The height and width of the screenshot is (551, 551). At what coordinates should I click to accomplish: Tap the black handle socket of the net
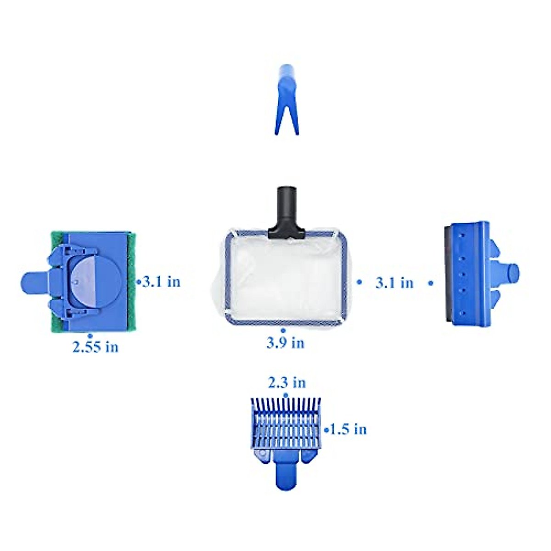287,213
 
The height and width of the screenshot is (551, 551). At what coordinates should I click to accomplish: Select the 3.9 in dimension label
285,343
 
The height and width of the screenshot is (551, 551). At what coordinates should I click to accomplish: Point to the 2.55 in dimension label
95,347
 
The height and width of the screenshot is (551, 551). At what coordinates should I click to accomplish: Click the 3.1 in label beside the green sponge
162,281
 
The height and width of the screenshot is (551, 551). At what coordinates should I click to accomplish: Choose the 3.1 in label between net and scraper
394,283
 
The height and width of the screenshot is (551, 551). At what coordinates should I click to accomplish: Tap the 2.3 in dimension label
287,382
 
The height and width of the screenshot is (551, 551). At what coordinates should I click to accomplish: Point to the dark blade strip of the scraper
449,275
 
